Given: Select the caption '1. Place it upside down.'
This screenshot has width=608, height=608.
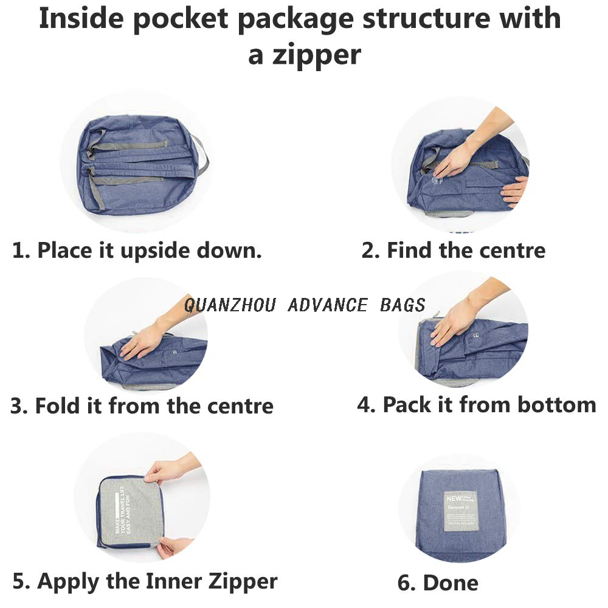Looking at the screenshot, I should pyautogui.click(x=137, y=250).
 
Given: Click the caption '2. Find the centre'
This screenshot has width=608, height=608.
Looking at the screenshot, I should pyautogui.click(x=453, y=250).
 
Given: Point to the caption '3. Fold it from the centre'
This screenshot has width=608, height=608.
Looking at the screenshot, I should pyautogui.click(x=142, y=406).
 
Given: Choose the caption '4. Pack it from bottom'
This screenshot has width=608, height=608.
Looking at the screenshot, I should pyautogui.click(x=476, y=404).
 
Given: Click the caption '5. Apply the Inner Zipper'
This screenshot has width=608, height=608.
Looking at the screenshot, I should pyautogui.click(x=145, y=581).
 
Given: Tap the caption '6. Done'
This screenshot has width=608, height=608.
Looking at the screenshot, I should pyautogui.click(x=438, y=583).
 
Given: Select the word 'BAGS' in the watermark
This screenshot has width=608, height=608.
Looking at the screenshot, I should pyautogui.click(x=402, y=305).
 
